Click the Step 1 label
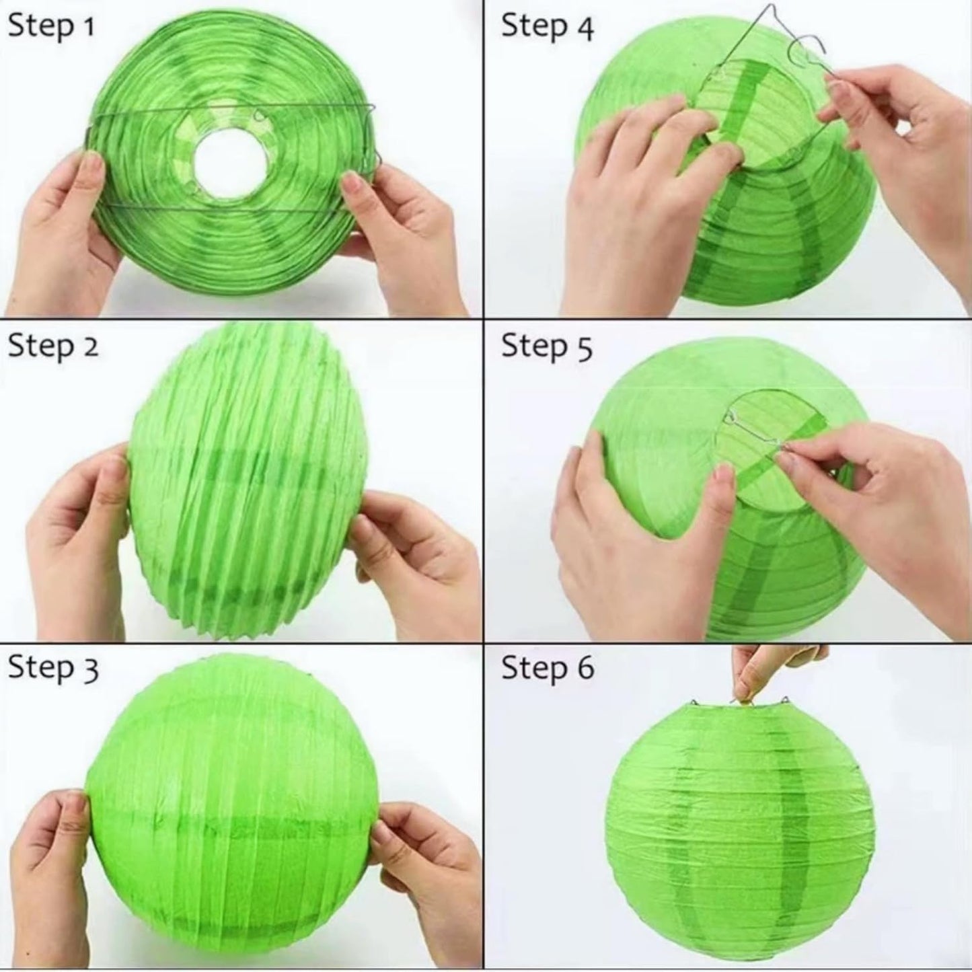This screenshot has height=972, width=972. [x=51, y=26]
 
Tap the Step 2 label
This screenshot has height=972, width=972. [x=53, y=346]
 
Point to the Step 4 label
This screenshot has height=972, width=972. [x=547, y=26]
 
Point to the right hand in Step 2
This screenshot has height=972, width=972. [x=417, y=565]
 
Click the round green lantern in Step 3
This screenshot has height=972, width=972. [x=229, y=807]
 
